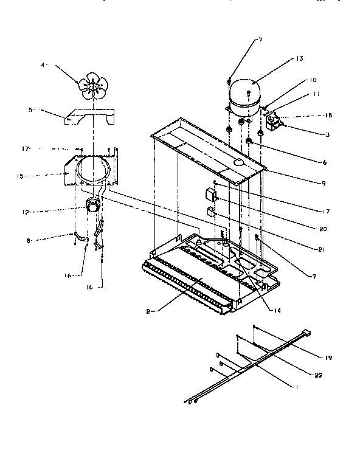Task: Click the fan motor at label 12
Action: [x=93, y=207]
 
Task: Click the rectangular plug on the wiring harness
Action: [x=307, y=333]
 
